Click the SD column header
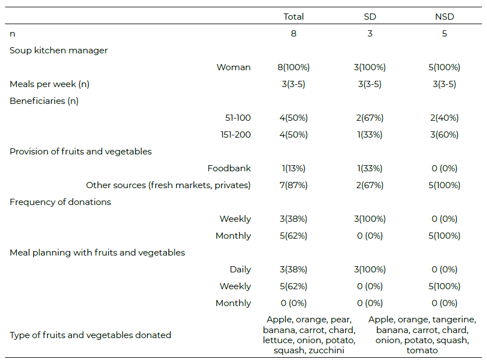coord(370,17)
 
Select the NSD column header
coord(444,17)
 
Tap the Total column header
coord(293,17)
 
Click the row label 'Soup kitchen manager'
coord(58,51)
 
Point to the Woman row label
coord(233,67)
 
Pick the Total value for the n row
coord(293,34)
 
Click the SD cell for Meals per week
coord(370,84)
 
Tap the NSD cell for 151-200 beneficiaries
coord(444,135)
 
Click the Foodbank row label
coord(229,168)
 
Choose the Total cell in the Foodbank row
coord(293,168)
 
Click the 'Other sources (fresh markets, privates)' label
coord(168,185)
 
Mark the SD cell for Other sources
coord(370,185)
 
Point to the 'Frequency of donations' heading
coord(60,202)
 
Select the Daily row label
coord(240,270)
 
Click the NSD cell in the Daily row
coord(444,270)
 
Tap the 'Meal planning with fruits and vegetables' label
coord(97,253)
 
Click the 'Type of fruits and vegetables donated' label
coord(90,335)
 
